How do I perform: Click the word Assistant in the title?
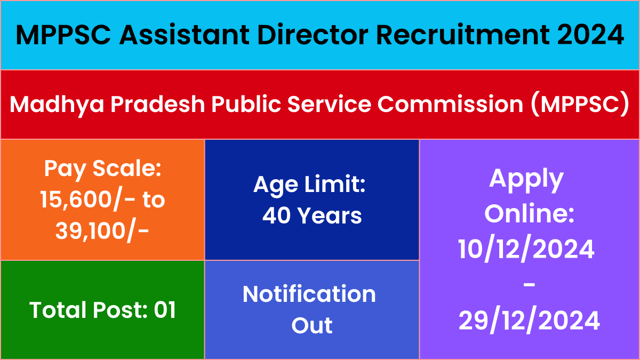tap(185, 35)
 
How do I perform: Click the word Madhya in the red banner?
tap(57, 104)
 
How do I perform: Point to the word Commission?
tap(450, 104)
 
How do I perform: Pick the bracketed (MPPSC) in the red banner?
tap(580, 104)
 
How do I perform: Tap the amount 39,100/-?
tap(102, 231)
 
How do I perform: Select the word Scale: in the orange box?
tap(127, 169)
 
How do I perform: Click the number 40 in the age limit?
tap(277, 215)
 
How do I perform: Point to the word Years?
tap(330, 215)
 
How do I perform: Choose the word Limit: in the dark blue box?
tap(334, 185)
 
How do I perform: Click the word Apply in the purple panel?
tap(526, 180)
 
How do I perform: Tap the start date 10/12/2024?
tap(526, 249)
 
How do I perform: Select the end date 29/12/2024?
tap(529, 320)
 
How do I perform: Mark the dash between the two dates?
tap(529, 285)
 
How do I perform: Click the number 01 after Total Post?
tap(165, 310)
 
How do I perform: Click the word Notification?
tap(309, 294)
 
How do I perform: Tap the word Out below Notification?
tap(312, 325)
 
